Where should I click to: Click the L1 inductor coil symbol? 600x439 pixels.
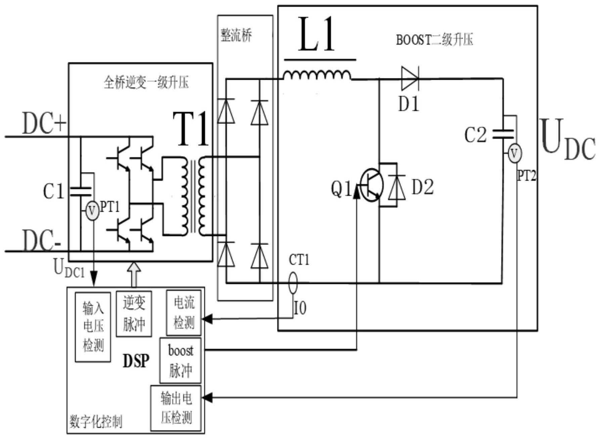(x=317, y=76)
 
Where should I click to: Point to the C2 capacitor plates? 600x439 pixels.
(x=503, y=134)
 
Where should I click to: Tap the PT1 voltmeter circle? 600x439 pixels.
(x=92, y=211)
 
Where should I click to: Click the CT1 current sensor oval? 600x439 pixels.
(x=293, y=283)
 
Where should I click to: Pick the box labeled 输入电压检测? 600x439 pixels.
(x=93, y=327)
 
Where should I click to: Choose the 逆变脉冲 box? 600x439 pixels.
(x=134, y=314)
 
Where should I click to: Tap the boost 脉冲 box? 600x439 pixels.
(x=181, y=361)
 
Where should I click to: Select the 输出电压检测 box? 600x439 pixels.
(x=176, y=408)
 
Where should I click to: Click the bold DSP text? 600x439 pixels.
(x=136, y=361)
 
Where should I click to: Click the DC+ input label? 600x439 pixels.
(x=44, y=123)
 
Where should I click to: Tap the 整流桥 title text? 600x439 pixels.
(x=236, y=35)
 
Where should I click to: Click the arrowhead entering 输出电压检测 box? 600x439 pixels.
(x=207, y=398)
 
